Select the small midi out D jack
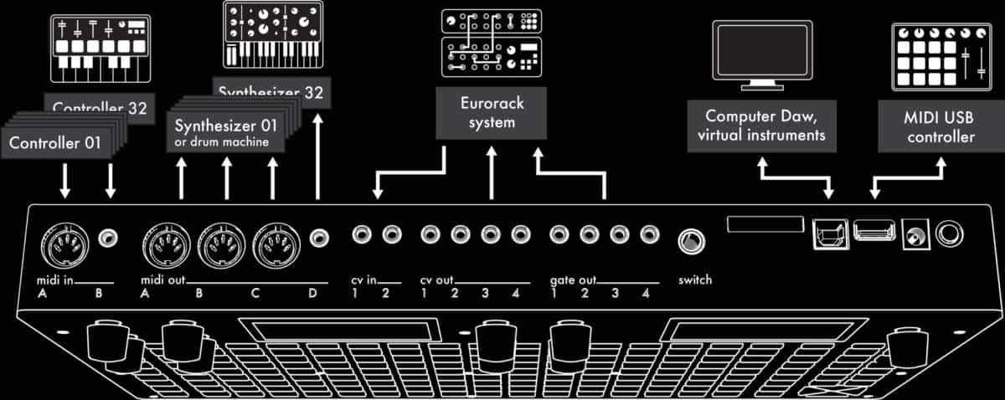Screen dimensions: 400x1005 coord(317,238)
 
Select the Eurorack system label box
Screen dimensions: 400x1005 coord(492,115)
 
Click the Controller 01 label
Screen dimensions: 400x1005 coord(55,143)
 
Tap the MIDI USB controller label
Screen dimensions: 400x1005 coord(941,126)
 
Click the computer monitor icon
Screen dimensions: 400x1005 coord(761,53)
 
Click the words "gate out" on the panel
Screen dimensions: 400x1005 coord(572,279)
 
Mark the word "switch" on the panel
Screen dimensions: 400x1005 coord(695,279)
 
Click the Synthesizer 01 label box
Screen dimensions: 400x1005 coord(225,132)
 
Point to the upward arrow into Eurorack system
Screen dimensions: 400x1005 coord(492,172)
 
